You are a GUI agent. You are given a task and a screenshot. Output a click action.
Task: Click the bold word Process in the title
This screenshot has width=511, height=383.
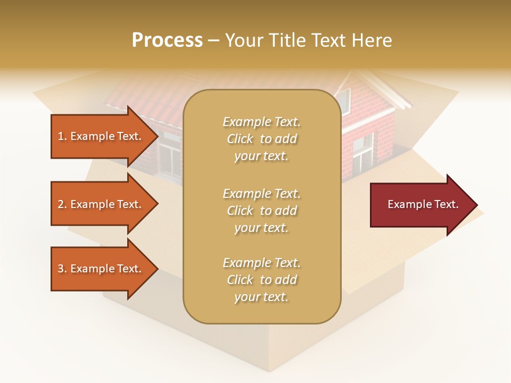coord(167,40)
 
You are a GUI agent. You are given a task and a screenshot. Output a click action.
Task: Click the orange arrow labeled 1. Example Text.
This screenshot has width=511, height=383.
coord(101,136)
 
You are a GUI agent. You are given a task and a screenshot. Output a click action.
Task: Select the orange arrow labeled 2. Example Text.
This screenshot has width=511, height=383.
coord(101,204)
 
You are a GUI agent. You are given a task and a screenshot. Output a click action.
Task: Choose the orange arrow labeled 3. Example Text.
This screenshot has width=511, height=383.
coord(101,269)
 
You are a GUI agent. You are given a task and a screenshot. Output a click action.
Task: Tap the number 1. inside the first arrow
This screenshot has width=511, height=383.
coord(62,136)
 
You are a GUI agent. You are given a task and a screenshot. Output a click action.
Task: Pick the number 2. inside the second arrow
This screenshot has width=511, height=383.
coord(62,204)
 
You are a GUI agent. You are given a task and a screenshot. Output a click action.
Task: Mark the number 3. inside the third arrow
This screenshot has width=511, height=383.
coord(62,269)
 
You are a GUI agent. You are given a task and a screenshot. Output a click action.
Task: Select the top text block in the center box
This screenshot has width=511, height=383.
coord(261,139)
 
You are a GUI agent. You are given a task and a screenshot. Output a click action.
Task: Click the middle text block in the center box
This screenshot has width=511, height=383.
coord(261,210)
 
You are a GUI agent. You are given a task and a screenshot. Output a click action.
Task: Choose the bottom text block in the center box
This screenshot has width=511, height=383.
coord(261,279)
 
